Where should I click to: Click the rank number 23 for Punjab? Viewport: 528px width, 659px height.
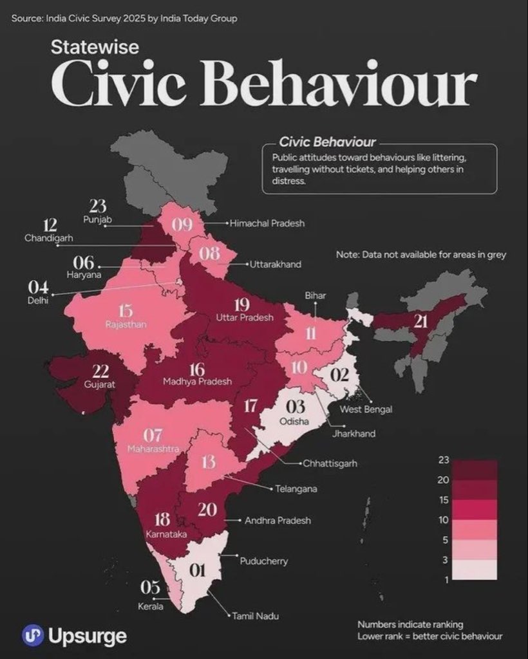(98, 207)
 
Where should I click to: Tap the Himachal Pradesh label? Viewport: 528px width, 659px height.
(267, 223)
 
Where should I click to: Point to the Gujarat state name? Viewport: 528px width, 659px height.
(99, 384)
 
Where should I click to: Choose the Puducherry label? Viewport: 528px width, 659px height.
(263, 561)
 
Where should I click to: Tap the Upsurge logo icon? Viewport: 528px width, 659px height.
(32, 636)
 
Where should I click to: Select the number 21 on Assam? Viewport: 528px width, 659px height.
(421, 321)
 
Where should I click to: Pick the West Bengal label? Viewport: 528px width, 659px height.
(366, 409)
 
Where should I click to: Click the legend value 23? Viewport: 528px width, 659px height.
(443, 460)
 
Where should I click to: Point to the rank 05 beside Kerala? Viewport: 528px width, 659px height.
(150, 587)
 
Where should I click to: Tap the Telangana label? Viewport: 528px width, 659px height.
(296, 489)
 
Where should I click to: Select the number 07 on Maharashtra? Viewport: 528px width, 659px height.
(153, 435)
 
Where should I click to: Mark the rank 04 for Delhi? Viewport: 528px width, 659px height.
(38, 286)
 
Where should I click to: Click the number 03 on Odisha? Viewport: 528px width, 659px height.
(296, 407)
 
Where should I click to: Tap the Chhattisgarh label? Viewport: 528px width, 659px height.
(330, 463)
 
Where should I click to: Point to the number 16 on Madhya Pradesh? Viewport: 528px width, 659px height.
(197, 369)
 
